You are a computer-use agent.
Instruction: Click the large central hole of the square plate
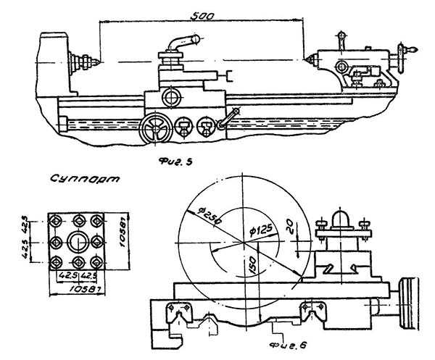[77, 240]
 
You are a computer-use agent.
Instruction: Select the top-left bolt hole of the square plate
[55, 219]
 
